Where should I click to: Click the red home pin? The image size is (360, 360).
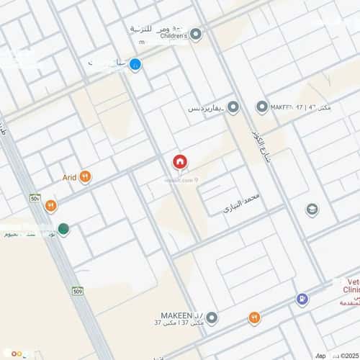[179, 163]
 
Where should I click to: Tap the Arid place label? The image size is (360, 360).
[69, 176]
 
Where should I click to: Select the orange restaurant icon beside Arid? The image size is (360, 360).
[85, 176]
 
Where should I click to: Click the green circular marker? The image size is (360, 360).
[64, 230]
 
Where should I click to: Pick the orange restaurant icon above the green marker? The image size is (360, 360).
[50, 206]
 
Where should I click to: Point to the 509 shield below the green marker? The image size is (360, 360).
[76, 291]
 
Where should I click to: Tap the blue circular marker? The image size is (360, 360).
[135, 65]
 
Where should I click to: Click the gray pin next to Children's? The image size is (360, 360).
[196, 34]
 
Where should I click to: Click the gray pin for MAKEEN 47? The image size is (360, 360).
[262, 107]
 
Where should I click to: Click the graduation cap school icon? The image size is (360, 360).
[312, 210]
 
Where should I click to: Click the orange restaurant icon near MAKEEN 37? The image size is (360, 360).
[254, 318]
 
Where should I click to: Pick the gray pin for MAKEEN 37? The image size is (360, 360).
[212, 318]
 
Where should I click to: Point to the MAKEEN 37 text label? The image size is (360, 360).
[180, 318]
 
